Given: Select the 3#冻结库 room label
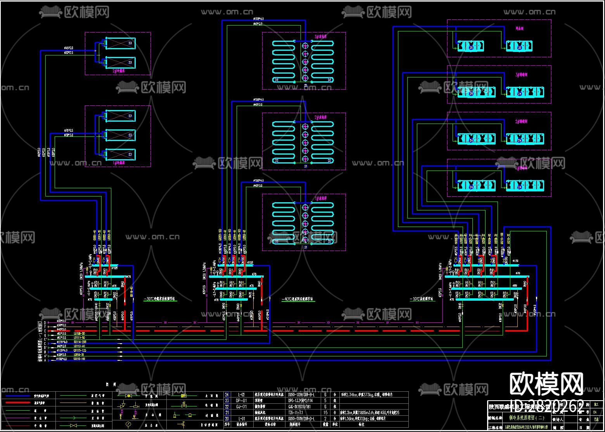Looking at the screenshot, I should pos(321,36).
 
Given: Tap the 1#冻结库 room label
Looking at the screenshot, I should pos(321,198).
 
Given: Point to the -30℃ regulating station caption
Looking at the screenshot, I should pos(160,299).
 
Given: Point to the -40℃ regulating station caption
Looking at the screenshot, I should pos(297,299).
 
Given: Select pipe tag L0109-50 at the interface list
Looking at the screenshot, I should pos(79,333).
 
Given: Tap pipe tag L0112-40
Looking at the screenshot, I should pos(79,346).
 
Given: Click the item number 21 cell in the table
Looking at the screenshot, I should pos(227,413).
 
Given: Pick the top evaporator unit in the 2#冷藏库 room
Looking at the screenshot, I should pos(120,43).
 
